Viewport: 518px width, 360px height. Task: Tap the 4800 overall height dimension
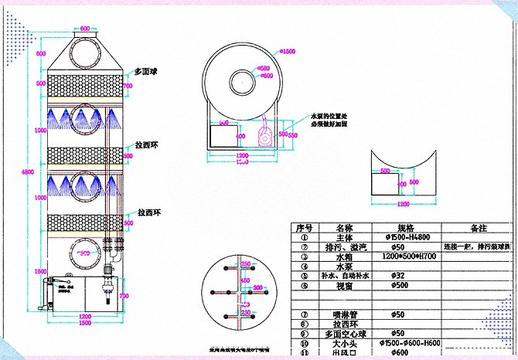point(26,171)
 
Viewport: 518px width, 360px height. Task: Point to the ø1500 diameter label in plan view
point(288,52)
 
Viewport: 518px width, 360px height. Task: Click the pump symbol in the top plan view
point(265,136)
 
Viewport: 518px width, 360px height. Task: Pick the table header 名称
point(343,229)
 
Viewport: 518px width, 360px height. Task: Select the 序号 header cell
point(304,229)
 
